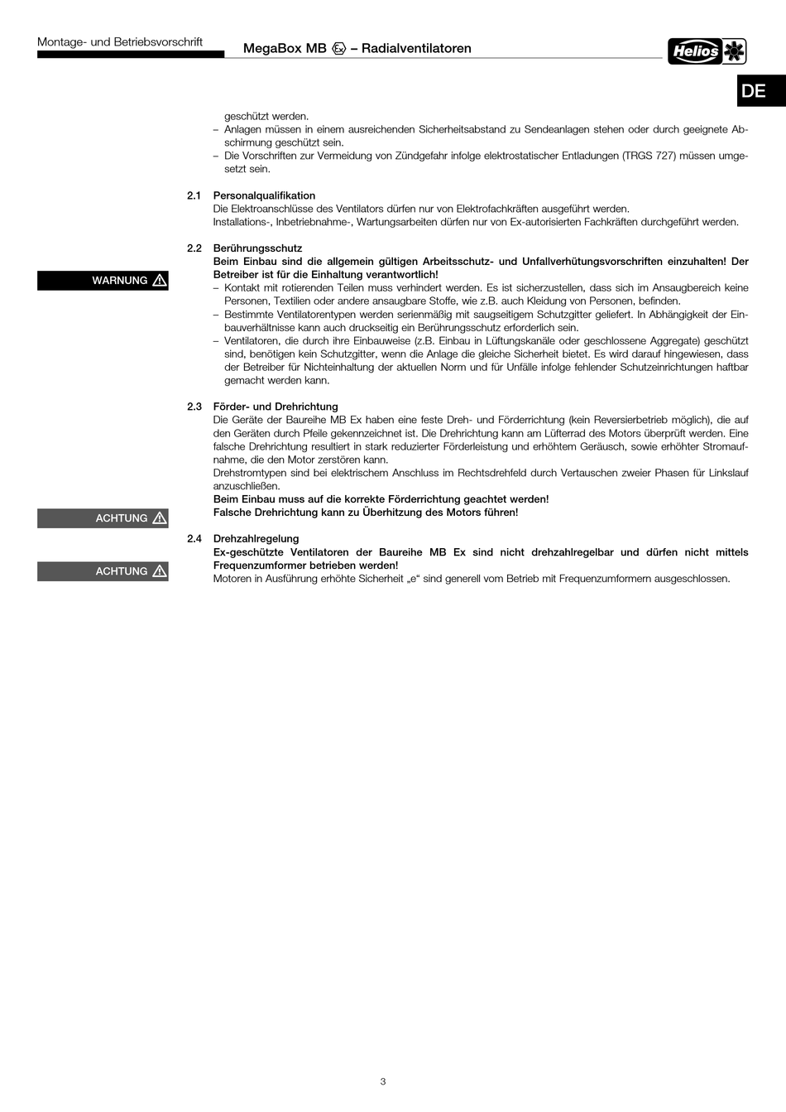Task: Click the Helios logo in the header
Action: pyautogui.click(x=707, y=51)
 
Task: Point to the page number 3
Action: pyautogui.click(x=383, y=1081)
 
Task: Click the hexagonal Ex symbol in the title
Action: pyautogui.click(x=338, y=49)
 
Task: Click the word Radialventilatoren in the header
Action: pyautogui.click(x=416, y=49)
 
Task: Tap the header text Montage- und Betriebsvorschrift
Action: pyautogui.click(x=120, y=42)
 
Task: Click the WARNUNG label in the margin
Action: pyautogui.click(x=119, y=281)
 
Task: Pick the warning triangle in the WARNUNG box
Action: pyautogui.click(x=160, y=281)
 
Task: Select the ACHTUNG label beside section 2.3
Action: pyautogui.click(x=121, y=518)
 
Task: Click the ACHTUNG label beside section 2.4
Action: pyautogui.click(x=121, y=571)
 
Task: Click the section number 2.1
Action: pyautogui.click(x=194, y=195)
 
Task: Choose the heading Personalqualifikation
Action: pyautogui.click(x=264, y=195)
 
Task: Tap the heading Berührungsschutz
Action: pyautogui.click(x=257, y=248)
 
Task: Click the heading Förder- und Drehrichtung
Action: pyautogui.click(x=276, y=407)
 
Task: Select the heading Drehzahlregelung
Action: pyautogui.click(x=256, y=539)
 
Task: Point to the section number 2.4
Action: pyautogui.click(x=194, y=539)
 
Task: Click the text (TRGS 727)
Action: pyautogui.click(x=649, y=156)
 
